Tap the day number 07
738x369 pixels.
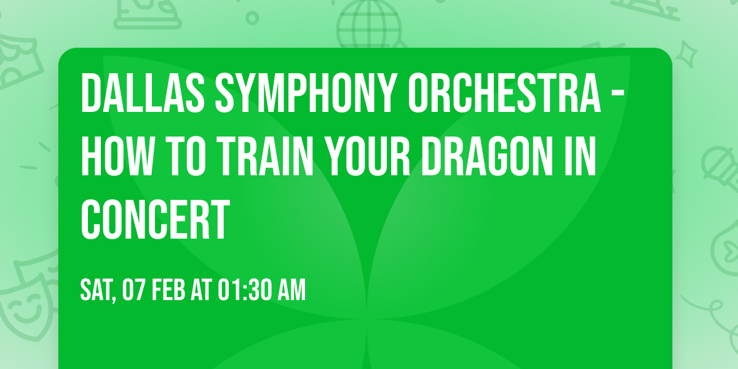(134, 290)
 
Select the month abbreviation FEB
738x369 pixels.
(167, 290)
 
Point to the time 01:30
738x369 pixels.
(244, 290)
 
